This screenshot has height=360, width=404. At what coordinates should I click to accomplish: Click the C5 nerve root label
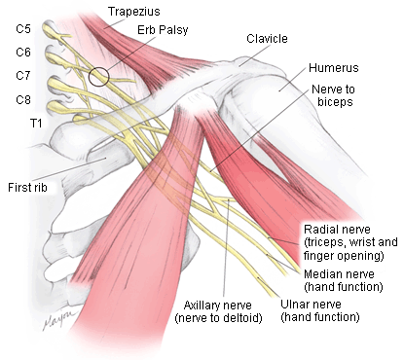23,28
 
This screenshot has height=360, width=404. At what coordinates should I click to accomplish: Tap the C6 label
23,53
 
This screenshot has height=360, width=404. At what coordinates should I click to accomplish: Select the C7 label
23,76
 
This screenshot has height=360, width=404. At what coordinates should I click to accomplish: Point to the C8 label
23,99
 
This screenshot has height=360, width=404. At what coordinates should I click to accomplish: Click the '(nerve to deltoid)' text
217,317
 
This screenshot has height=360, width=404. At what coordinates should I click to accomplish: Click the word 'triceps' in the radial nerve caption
325,241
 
